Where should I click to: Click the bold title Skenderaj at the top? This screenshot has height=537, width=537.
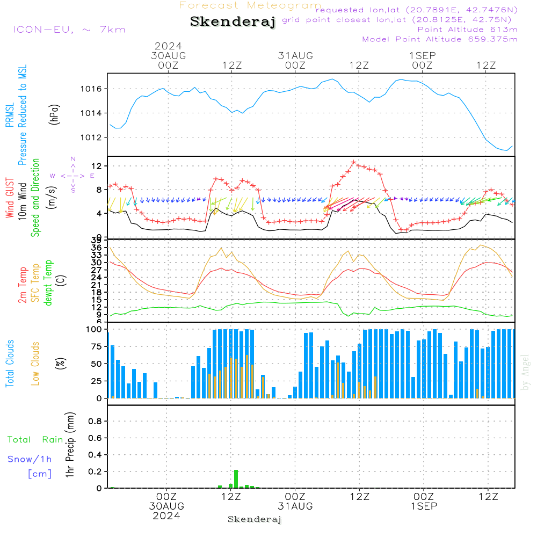click(233, 22)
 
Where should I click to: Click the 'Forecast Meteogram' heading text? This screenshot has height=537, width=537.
click(250, 5)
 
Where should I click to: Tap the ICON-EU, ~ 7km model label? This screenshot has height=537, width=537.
click(69, 30)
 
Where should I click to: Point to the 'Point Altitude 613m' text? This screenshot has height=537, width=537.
click(467, 30)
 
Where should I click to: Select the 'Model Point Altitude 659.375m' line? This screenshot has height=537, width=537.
click(440, 39)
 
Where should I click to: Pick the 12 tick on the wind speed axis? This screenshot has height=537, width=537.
click(99, 165)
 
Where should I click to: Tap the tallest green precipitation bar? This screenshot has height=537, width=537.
click(236, 478)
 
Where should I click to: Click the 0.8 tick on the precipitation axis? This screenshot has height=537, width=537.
click(95, 422)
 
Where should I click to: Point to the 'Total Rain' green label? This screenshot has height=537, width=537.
click(35, 440)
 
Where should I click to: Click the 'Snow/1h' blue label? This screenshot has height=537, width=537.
click(30, 460)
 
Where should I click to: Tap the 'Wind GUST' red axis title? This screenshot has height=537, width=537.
click(10, 198)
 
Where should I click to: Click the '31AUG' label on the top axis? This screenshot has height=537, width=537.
click(295, 55)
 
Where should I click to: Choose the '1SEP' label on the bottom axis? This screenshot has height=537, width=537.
click(424, 506)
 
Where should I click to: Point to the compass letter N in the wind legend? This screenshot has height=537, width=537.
click(73, 159)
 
